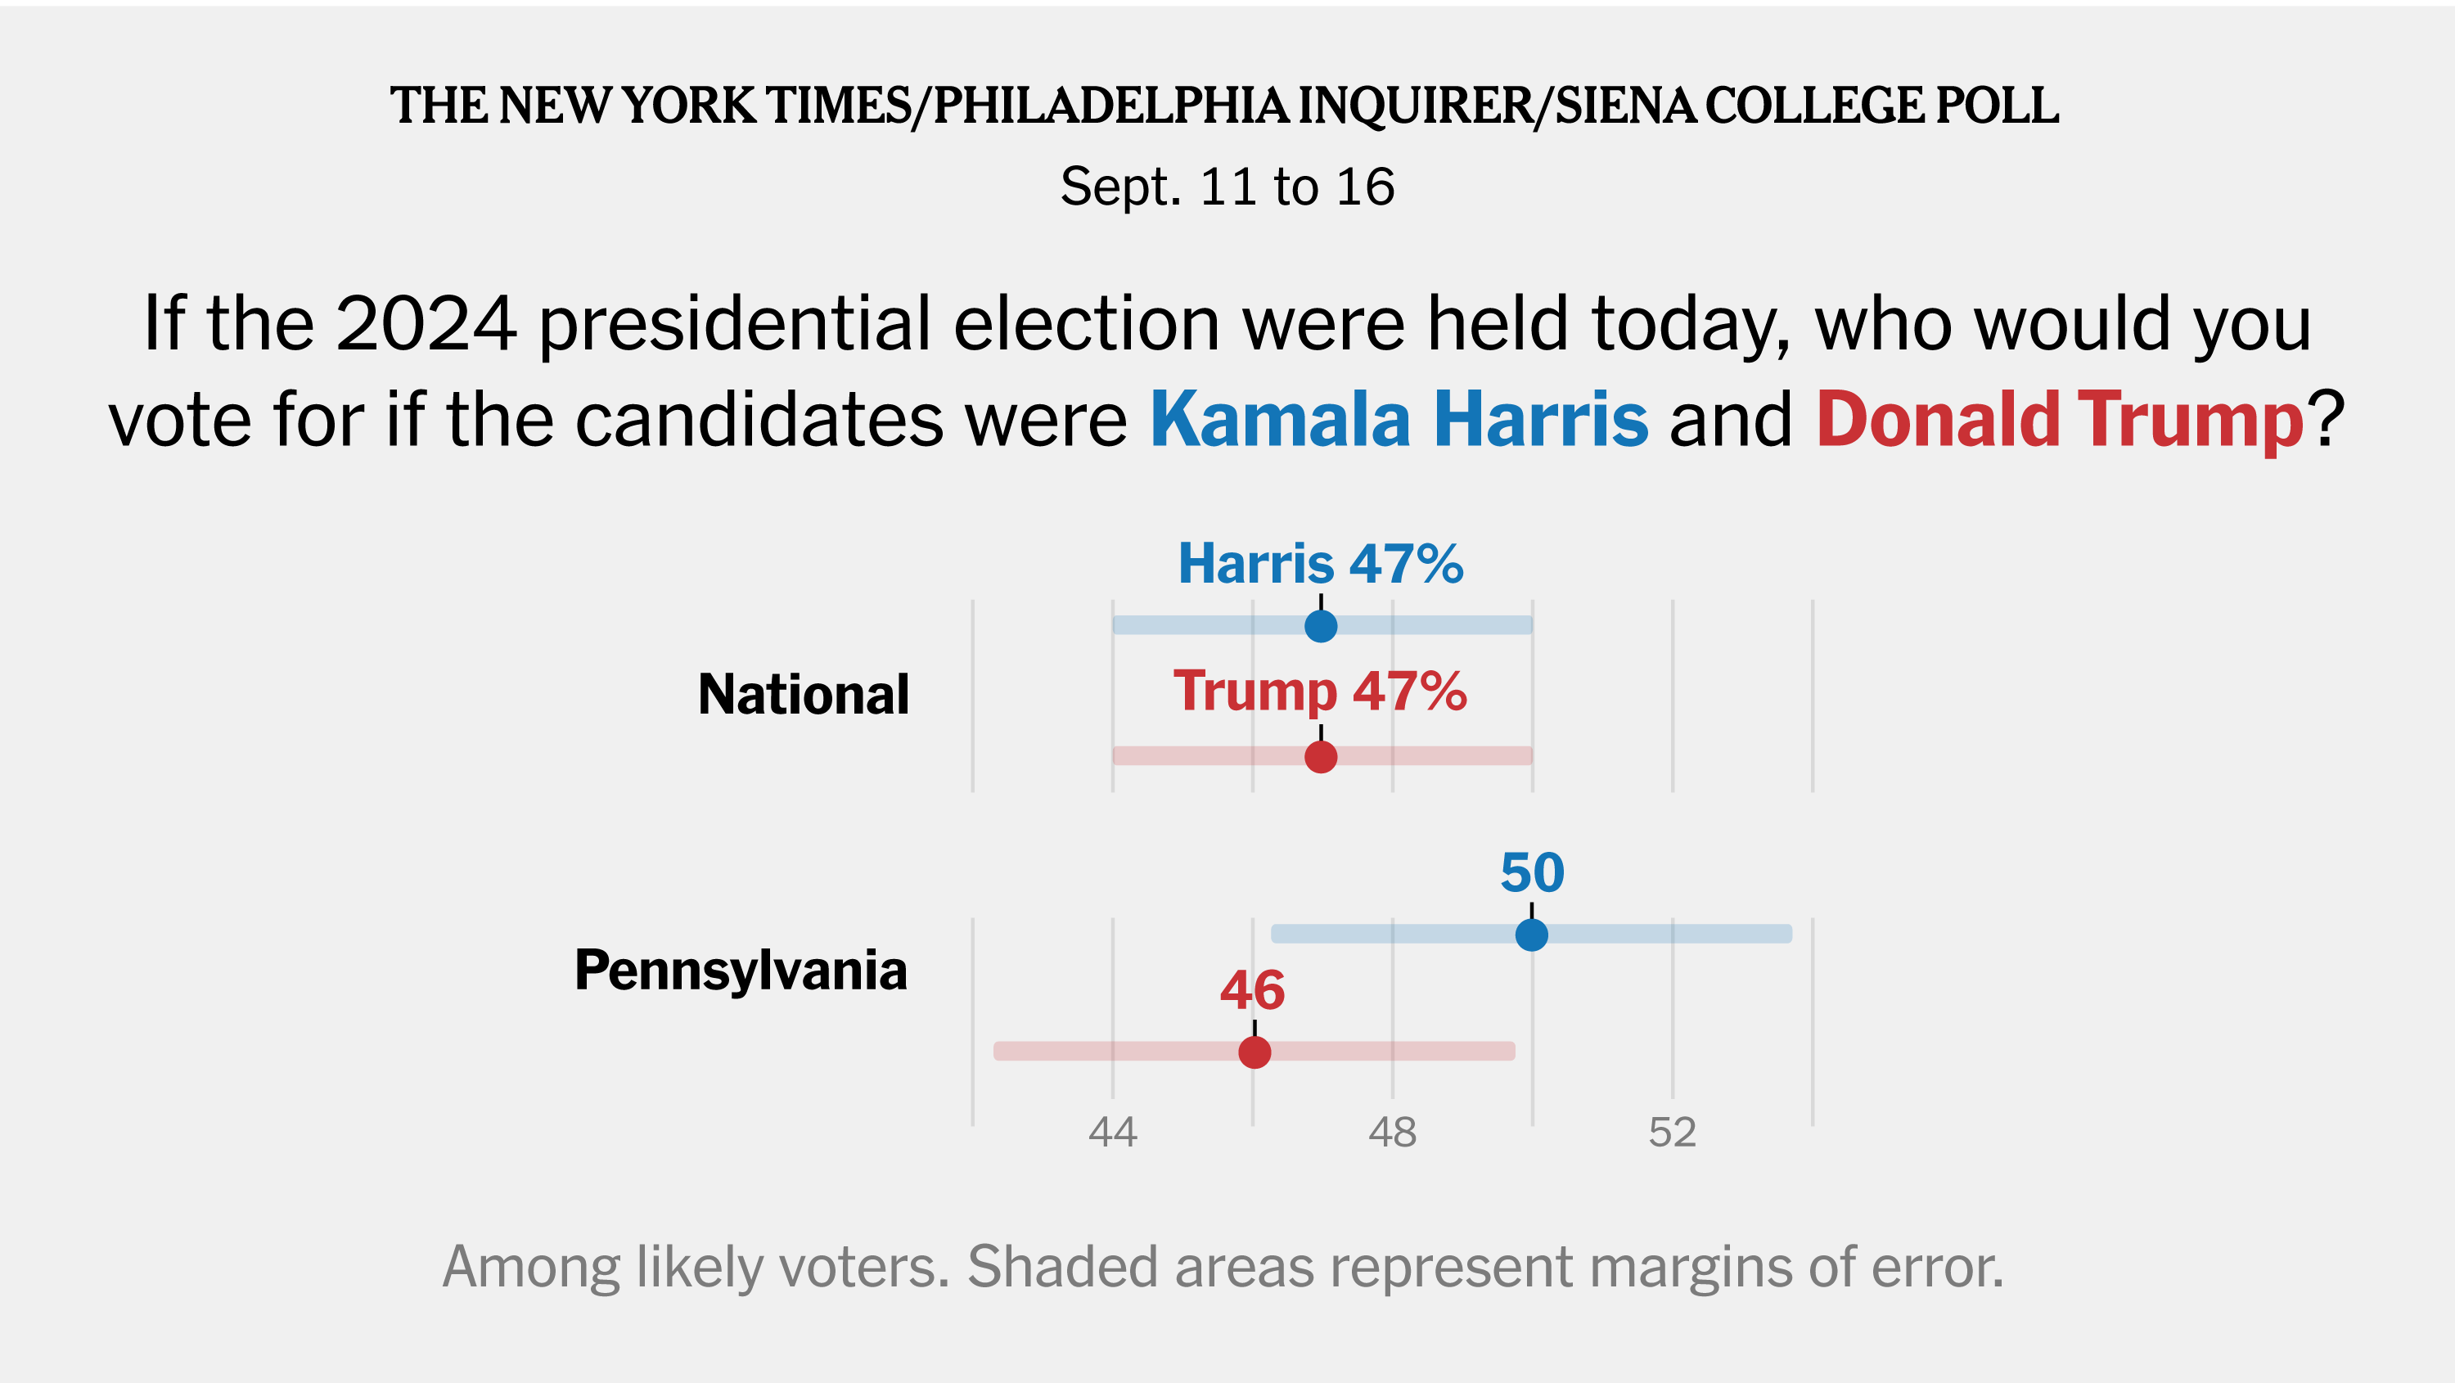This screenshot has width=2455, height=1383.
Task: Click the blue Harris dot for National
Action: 1320,626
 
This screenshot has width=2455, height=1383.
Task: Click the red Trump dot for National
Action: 1320,757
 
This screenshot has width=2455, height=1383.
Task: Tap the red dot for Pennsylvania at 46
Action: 1255,1052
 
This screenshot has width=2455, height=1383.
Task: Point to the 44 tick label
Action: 1112,1133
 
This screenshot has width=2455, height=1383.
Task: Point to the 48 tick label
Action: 1392,1133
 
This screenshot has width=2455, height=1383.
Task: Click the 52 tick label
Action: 1672,1133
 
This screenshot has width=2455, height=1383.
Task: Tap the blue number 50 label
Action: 1532,872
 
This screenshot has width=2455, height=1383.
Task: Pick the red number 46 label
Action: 1252,990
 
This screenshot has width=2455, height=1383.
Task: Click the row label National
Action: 804,694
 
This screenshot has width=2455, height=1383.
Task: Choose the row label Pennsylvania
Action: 741,971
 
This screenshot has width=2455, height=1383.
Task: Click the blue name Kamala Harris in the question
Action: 1398,419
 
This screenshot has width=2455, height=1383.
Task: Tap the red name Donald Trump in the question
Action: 2060,419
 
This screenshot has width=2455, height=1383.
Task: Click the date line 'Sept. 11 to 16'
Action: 1227,186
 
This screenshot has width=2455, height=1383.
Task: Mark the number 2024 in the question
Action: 426,324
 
